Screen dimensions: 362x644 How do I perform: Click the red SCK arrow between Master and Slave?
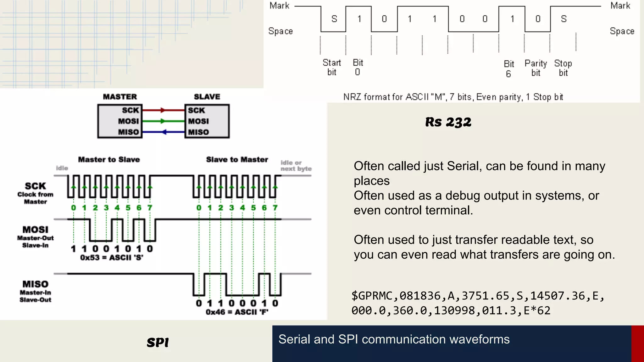[163, 110]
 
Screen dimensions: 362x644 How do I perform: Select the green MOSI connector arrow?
[163, 121]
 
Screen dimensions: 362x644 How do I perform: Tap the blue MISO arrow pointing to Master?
[164, 132]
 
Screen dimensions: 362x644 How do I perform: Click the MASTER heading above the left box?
[120, 97]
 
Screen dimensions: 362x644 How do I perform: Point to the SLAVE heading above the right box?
[207, 97]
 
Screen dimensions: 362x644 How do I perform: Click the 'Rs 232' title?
[448, 122]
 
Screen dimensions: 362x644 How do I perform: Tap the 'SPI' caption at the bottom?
[158, 342]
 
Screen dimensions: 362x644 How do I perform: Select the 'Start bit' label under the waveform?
[332, 68]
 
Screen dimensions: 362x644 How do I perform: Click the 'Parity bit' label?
[536, 68]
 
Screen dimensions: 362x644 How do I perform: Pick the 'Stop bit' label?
[563, 68]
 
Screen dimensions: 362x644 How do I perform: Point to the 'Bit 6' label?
[509, 69]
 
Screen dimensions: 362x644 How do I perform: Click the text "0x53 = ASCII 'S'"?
[112, 258]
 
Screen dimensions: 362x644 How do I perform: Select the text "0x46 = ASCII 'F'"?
[237, 312]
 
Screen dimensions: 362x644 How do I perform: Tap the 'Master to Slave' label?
[109, 160]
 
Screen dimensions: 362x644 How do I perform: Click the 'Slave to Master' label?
[237, 160]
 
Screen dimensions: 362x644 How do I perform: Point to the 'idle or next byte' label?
[296, 166]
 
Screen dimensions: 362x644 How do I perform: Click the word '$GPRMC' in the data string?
[372, 296]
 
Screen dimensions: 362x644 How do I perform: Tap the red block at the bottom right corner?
[637, 343]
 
